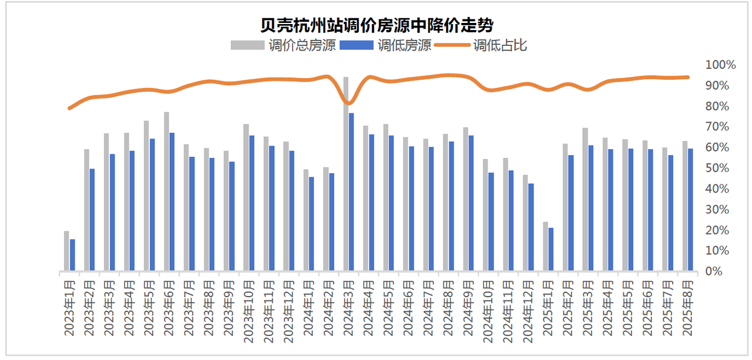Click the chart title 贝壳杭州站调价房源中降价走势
[x=376, y=25]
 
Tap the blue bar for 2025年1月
[x=550, y=250]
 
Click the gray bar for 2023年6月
[x=166, y=191]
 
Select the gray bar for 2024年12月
[x=525, y=223]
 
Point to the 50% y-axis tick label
[x=718, y=168]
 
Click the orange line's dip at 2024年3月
[x=348, y=103]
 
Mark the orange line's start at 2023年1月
[x=69, y=108]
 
